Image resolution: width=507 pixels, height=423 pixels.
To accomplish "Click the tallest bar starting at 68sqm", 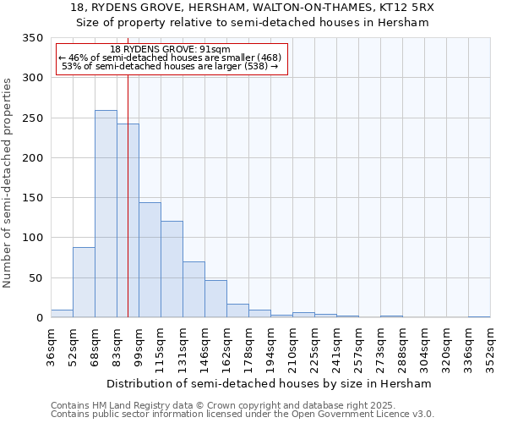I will (106, 214).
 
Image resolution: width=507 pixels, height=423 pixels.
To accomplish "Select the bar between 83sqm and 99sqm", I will (128, 221).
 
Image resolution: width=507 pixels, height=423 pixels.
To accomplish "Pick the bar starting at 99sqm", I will (150, 260).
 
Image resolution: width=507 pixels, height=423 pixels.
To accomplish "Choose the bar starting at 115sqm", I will (172, 269).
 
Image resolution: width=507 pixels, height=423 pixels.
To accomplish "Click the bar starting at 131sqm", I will (194, 289).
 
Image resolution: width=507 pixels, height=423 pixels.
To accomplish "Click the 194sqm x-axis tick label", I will (270, 347).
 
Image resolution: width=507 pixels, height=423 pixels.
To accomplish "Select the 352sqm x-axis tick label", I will (490, 347).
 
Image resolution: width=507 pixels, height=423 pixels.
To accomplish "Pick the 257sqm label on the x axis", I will (358, 347).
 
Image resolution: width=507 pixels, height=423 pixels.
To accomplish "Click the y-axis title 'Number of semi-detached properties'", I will (8, 183).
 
